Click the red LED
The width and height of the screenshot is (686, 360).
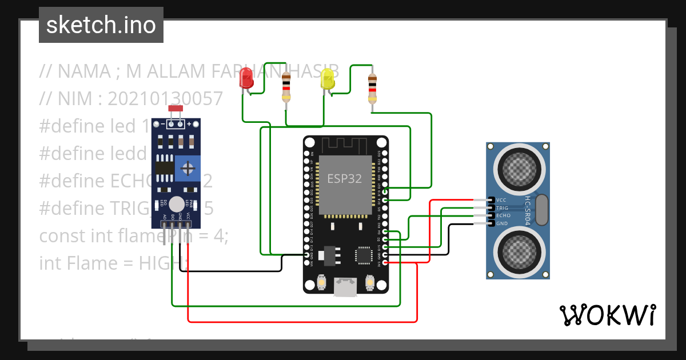[246, 78]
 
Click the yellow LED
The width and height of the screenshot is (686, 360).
[328, 79]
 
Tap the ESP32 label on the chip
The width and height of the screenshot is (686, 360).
[344, 178]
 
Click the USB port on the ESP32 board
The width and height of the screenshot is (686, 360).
[345, 287]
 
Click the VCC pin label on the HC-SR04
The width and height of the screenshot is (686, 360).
[501, 200]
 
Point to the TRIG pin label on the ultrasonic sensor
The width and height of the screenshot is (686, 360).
[502, 208]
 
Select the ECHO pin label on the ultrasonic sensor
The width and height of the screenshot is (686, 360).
[502, 216]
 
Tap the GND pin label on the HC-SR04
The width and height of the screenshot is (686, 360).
[501, 223]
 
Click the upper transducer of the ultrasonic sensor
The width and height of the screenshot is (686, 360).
[518, 166]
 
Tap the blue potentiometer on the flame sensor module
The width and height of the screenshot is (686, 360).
[187, 168]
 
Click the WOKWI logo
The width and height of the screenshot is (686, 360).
[607, 315]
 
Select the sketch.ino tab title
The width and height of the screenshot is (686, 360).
[101, 25]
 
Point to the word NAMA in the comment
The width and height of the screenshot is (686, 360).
[84, 71]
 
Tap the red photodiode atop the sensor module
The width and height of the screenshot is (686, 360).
[175, 109]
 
